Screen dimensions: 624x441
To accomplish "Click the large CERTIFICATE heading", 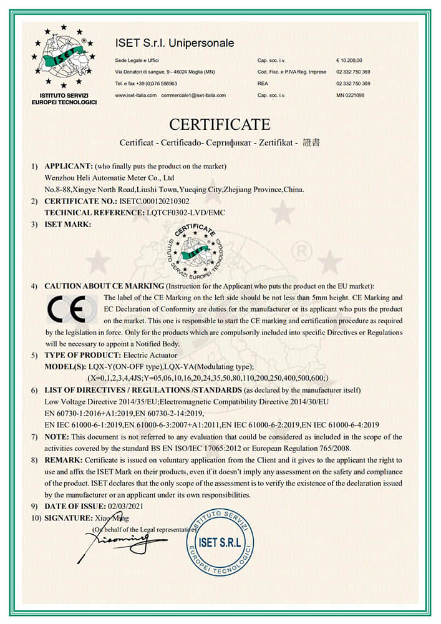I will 220,124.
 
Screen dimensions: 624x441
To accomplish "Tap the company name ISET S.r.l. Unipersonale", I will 175,43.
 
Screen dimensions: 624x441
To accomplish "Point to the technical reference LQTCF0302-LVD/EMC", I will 185,212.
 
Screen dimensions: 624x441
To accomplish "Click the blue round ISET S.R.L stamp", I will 220,542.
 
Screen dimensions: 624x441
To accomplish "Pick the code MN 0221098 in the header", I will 350,95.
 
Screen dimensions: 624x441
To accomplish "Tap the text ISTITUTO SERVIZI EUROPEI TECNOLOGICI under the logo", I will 64,99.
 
